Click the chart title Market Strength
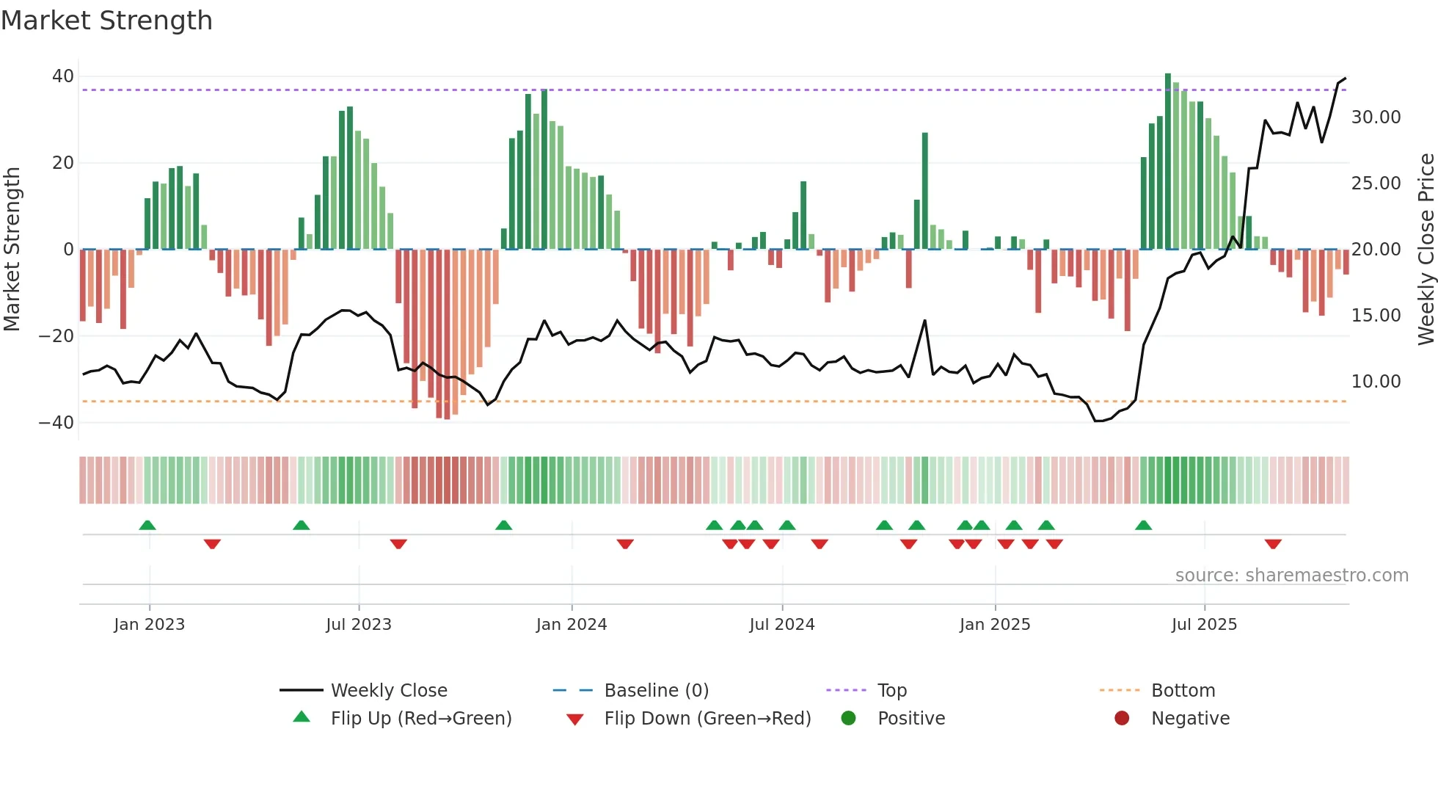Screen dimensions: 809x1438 pos(106,21)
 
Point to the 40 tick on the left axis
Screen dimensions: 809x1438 pos(63,76)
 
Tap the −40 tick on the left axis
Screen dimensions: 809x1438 pos(56,423)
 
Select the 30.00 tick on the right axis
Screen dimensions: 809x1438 pos(1376,117)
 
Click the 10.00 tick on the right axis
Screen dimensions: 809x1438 pos(1376,382)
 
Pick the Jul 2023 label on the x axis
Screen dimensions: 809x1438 pos(359,625)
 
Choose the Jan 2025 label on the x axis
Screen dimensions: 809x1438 pos(994,625)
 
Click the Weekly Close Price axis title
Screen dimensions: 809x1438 pos(1426,250)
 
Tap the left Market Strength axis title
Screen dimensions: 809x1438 pos(12,250)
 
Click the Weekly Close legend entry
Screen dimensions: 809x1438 pos(388,691)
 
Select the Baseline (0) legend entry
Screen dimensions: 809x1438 pos(656,691)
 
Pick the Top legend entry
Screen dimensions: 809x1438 pos(891,691)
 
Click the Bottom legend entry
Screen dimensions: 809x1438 pos(1183,691)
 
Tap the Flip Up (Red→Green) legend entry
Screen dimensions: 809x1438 pos(420,719)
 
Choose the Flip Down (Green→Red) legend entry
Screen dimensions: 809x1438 pos(707,719)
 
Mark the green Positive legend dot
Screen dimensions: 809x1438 pos(848,718)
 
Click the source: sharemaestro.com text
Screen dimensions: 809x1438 pos(1291,576)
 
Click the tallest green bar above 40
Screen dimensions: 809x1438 pos(1168,162)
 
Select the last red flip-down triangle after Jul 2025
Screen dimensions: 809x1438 pos(1273,544)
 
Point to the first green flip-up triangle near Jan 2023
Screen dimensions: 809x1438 pos(147,525)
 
